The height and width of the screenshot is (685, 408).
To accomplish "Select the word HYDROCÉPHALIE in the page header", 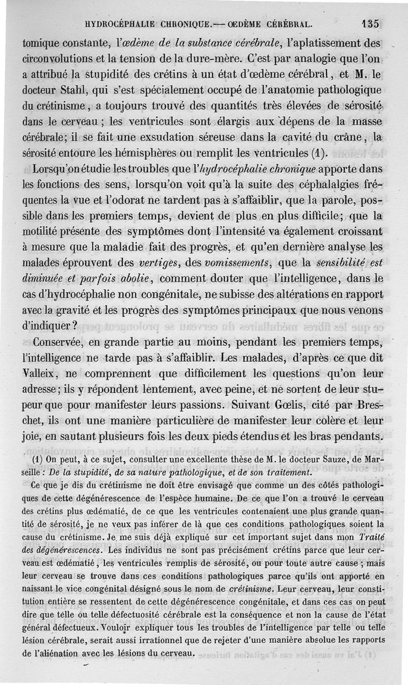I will click(116, 24).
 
